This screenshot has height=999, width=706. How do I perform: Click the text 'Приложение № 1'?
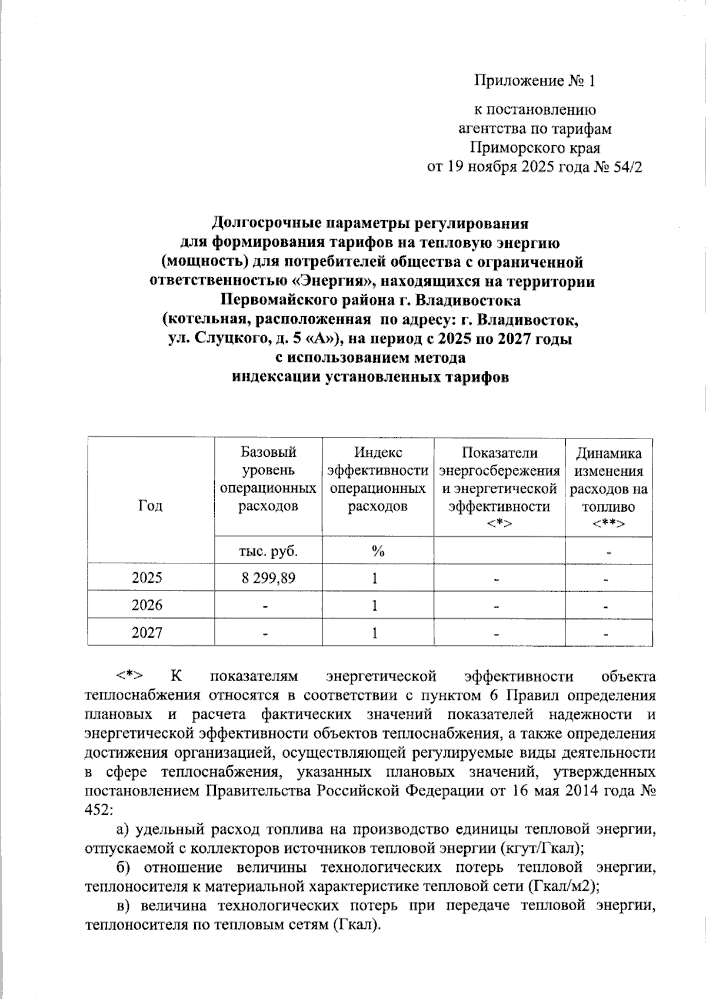pos(535,81)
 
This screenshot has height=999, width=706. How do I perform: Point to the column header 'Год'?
pos(151,506)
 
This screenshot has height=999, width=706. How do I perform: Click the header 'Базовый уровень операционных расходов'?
pos(268,479)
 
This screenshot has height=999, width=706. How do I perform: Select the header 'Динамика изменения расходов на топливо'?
pos(608,488)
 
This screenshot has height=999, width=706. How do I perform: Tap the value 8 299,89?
pos(268,578)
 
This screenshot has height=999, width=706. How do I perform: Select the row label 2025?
pos(147,578)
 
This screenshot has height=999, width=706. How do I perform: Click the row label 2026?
pos(147,605)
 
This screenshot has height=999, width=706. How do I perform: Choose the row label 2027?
pos(147,633)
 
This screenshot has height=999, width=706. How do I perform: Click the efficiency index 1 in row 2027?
pos(374,633)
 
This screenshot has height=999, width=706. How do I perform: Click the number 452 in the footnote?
pos(97,809)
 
